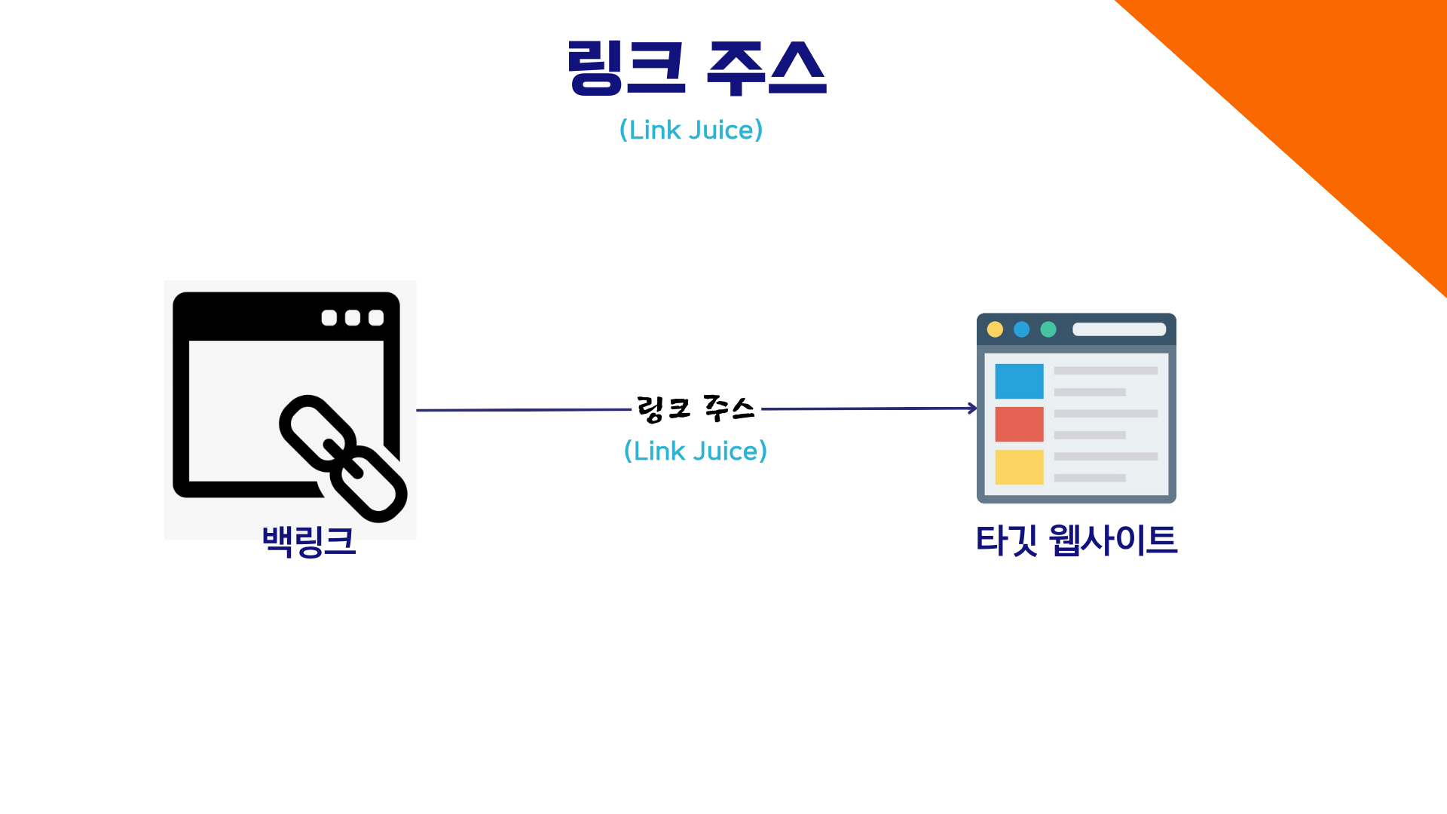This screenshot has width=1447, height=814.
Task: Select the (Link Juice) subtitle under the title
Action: [x=691, y=130]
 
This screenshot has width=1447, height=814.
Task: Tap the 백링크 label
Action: [x=309, y=540]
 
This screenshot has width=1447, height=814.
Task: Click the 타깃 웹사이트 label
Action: [x=1076, y=540]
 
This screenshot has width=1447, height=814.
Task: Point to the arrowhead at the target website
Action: [x=973, y=409]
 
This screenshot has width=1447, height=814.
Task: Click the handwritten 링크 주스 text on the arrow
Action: [x=696, y=409]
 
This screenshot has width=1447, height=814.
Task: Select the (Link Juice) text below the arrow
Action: [x=696, y=451]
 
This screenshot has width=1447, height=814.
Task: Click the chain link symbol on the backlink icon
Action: [x=344, y=458]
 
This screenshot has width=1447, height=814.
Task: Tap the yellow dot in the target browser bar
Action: [x=995, y=329]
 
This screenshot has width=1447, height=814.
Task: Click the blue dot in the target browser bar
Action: [x=1022, y=329]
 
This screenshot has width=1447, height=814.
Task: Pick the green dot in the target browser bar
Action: [x=1048, y=329]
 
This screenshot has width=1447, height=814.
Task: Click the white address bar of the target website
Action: [x=1119, y=329]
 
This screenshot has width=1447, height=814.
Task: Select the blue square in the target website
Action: [x=1019, y=381]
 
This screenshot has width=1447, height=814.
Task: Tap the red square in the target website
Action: [x=1019, y=424]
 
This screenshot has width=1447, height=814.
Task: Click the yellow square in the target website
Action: [x=1019, y=467]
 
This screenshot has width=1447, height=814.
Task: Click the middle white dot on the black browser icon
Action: [x=353, y=318]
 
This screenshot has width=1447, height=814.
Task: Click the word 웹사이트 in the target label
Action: [x=1112, y=540]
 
